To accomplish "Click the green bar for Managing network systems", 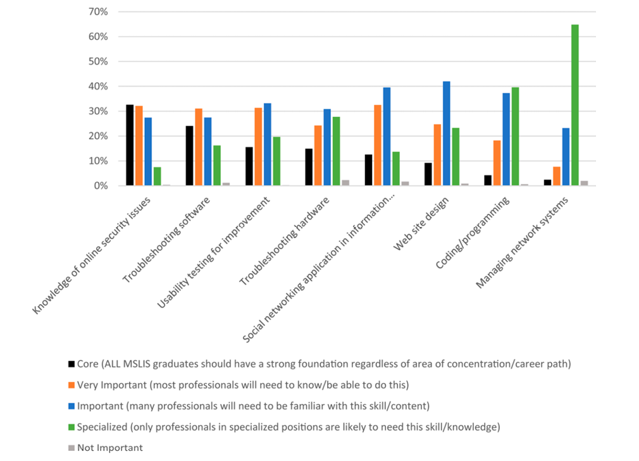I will click(575, 105).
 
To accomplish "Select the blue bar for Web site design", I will click(447, 133).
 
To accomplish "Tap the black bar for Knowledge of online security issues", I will click(130, 145).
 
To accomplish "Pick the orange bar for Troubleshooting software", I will click(199, 147).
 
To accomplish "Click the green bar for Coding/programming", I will click(515, 137).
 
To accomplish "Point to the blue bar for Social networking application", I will click(387, 137).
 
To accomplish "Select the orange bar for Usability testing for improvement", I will click(258, 147).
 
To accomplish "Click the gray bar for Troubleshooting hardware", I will click(345, 183).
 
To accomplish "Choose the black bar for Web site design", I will click(428, 175).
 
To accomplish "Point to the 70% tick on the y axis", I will click(97, 12).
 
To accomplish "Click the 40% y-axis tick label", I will click(97, 87).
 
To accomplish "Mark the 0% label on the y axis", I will click(99, 186).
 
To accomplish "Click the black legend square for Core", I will click(71, 365).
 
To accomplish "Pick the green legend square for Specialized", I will click(71, 427).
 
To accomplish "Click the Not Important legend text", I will click(110, 448).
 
